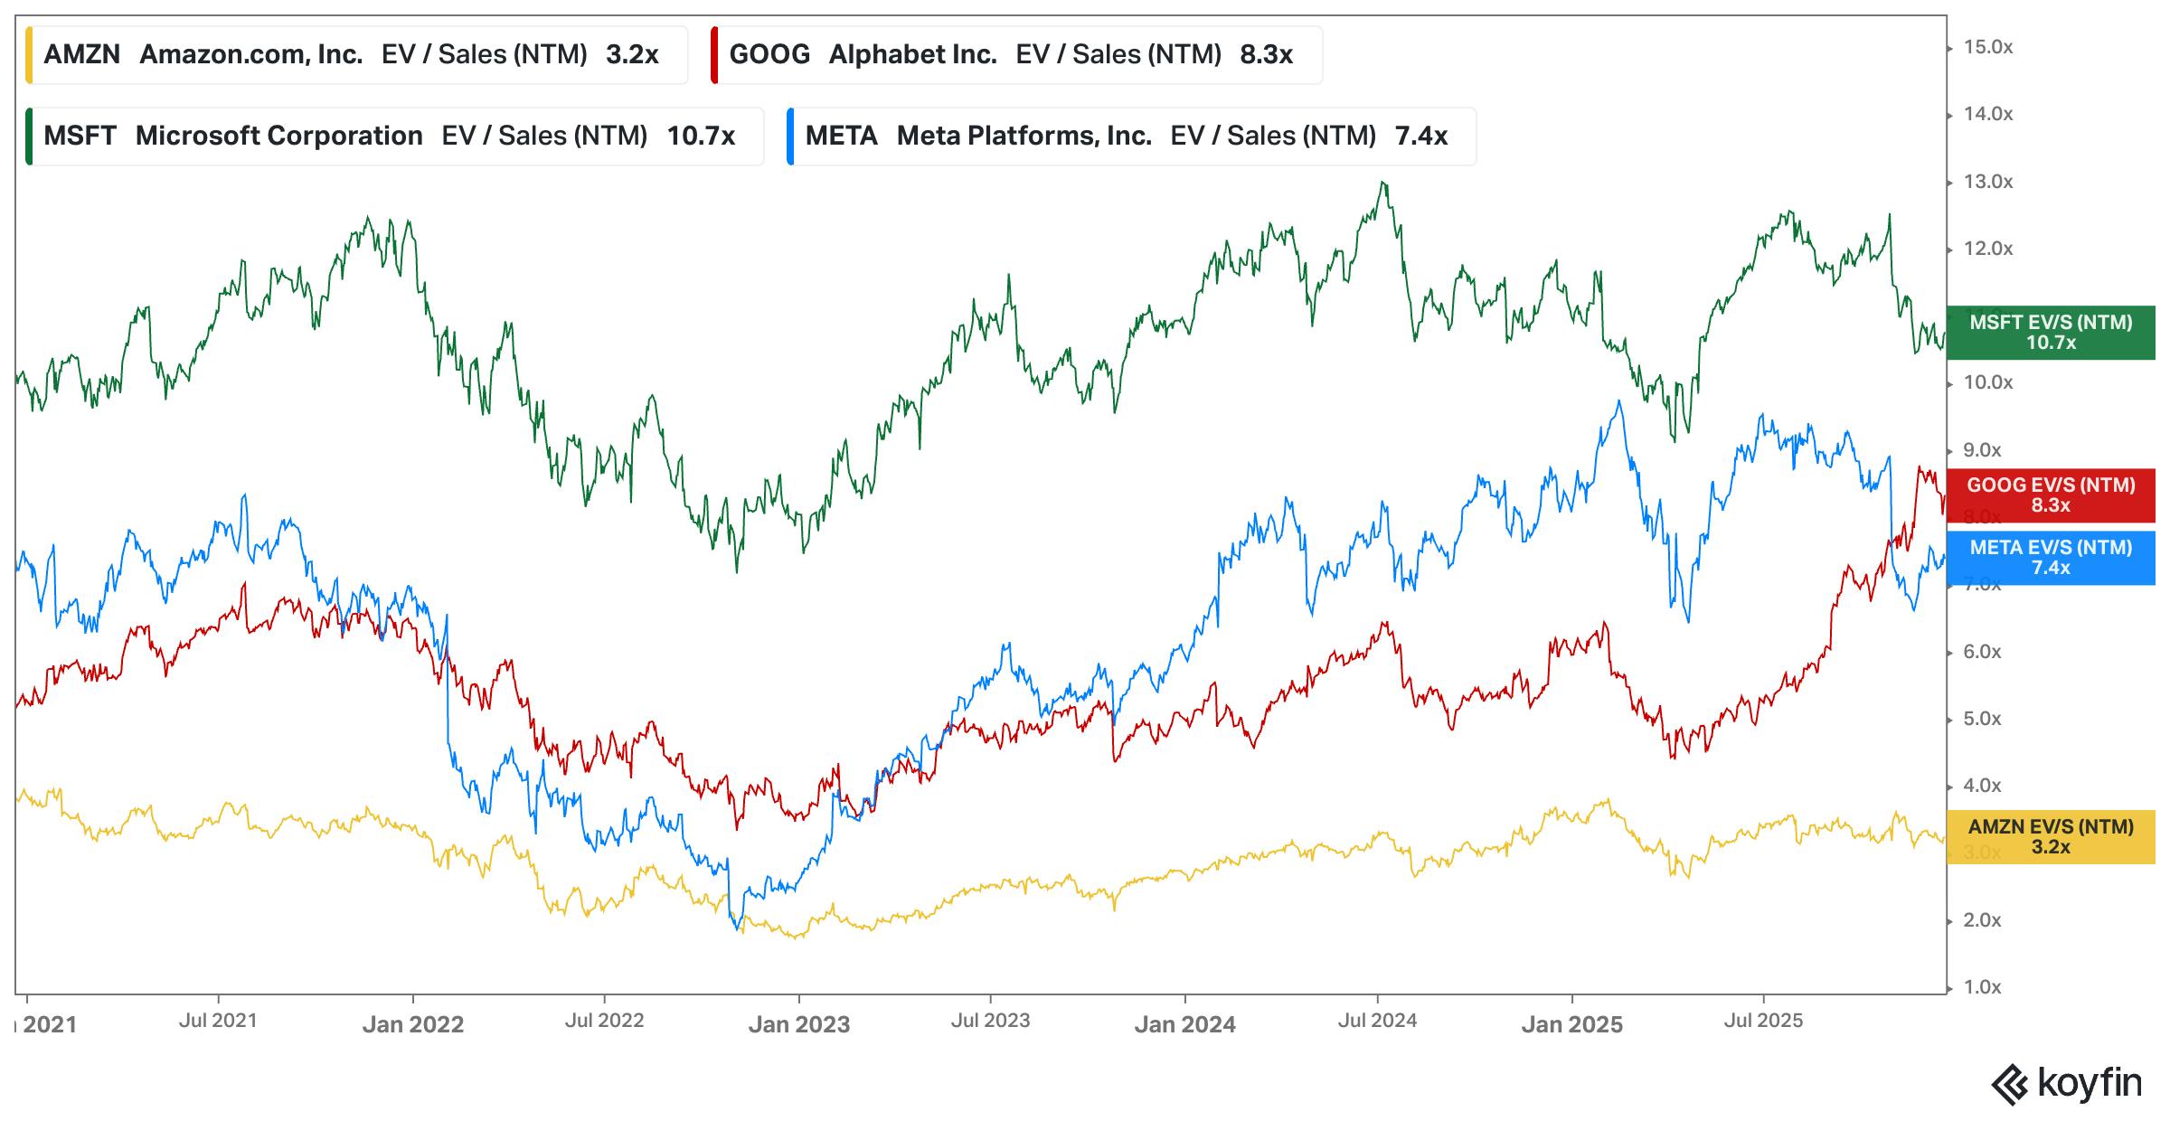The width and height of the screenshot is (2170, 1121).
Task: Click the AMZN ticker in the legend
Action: coord(81,54)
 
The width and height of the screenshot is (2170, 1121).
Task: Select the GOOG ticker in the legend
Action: coord(769,54)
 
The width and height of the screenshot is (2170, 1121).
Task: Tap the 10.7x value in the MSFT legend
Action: coord(701,136)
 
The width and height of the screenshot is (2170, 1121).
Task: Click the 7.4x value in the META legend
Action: coord(1420,136)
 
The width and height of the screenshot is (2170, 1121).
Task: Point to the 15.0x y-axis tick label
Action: coord(1987,47)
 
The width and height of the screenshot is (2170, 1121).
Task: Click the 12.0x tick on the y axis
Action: coord(1987,249)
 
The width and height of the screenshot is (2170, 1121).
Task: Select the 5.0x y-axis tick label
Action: coord(1982,719)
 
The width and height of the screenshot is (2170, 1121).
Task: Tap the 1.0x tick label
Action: coord(1982,987)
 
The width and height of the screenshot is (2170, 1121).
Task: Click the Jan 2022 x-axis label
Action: coord(412,1024)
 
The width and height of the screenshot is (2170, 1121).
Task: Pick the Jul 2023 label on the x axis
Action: coord(990,1021)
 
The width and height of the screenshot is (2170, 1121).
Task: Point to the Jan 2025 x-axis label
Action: coord(1571,1024)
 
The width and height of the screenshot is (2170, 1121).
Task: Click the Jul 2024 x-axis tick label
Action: coord(1377,1021)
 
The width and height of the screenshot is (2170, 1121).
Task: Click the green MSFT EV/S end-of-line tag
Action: coord(2050,333)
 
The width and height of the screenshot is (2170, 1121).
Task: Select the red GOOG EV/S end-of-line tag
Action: coord(2050,495)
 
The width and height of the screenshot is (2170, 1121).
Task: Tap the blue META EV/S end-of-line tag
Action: coord(2050,558)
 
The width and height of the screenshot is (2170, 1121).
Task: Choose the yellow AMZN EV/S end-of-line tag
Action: coord(2050,837)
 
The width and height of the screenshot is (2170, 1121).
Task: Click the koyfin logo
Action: coord(2067,1084)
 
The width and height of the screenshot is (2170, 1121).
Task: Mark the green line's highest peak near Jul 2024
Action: coord(1382,184)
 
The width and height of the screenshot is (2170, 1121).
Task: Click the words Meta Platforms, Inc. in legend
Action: coord(1024,136)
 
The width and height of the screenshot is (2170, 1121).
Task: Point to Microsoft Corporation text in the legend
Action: coord(278,136)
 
